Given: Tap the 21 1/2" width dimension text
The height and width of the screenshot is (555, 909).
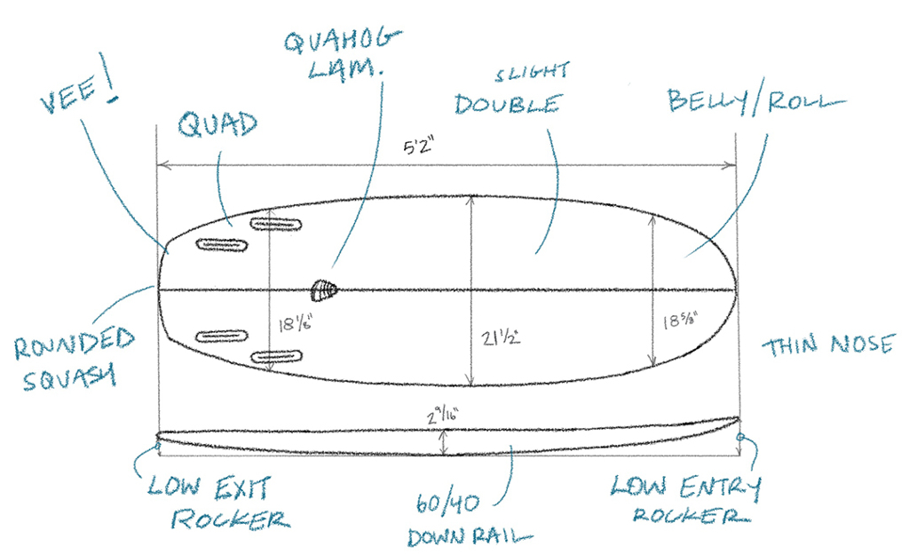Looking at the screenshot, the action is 501,337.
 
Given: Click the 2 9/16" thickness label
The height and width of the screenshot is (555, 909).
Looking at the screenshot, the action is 443,416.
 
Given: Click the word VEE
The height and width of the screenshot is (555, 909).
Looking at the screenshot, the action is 69,96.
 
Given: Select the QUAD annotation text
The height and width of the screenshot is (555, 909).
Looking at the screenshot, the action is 217,124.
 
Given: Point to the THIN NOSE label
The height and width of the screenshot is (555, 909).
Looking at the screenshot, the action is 828,345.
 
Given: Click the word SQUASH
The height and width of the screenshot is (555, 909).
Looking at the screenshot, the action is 69,377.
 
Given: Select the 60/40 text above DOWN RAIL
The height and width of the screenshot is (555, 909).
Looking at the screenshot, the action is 448,503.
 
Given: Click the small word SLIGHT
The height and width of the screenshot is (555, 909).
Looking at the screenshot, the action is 533,72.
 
